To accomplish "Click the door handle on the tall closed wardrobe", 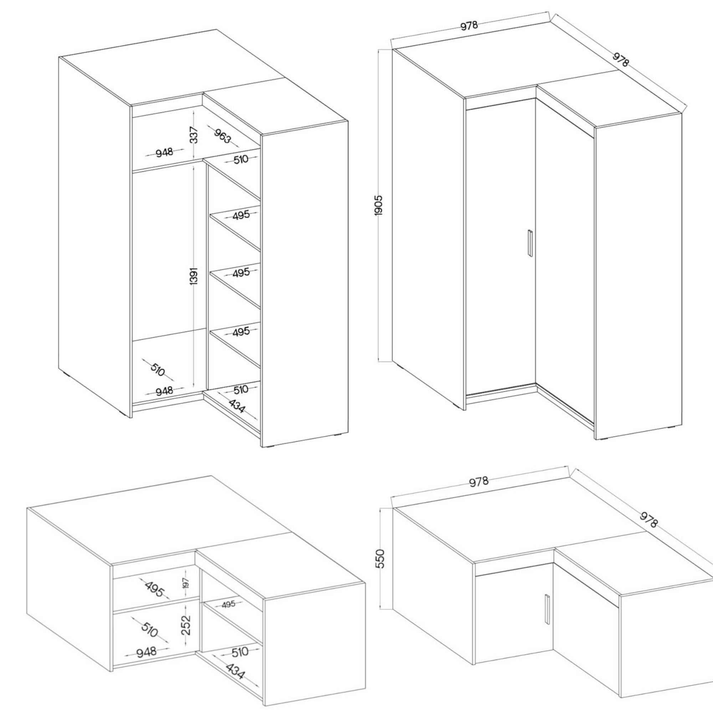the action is pyautogui.click(x=530, y=242).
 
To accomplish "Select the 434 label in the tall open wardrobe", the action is pyautogui.click(x=236, y=406).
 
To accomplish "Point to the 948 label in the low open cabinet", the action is pyautogui.click(x=147, y=652).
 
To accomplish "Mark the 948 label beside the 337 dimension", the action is pyautogui.click(x=164, y=152).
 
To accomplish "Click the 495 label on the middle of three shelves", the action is pyautogui.click(x=241, y=273).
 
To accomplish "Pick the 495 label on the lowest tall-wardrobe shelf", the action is pyautogui.click(x=241, y=332).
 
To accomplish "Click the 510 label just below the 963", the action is pyautogui.click(x=241, y=159).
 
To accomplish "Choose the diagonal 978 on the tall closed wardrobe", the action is pyautogui.click(x=620, y=60).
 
